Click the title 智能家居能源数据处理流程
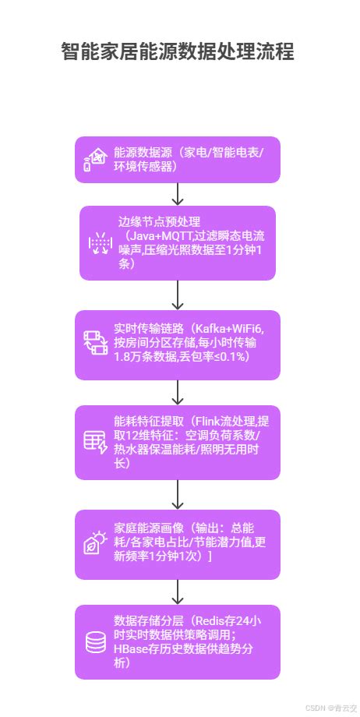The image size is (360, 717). [x=178, y=52]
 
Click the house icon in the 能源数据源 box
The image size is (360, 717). [x=94, y=160]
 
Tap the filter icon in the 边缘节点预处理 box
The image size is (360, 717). [x=99, y=243]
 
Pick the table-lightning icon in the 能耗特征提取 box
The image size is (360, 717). [x=95, y=442]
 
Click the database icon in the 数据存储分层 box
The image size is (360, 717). [x=95, y=642]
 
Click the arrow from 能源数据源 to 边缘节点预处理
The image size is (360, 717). [x=178, y=194]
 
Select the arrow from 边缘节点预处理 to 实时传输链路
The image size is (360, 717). [x=178, y=295]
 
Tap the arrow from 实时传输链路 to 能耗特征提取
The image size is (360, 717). [x=178, y=393]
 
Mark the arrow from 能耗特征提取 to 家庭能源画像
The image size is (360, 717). [x=178, y=493]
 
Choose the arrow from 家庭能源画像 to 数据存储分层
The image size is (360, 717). [x=178, y=592]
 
